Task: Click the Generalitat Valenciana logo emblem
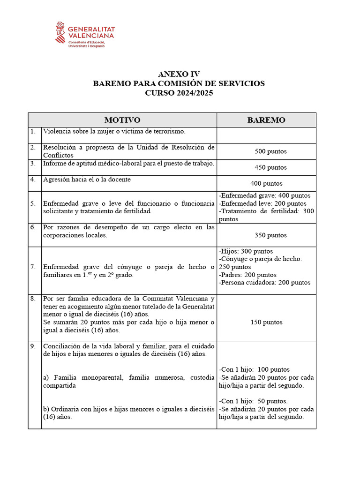[x=61, y=33]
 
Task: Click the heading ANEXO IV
[x=179, y=74]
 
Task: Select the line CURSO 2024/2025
[x=179, y=93]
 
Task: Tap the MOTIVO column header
[x=122, y=120]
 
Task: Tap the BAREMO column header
[x=266, y=120]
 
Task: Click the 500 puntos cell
[x=270, y=151]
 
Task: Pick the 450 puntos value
[x=270, y=167]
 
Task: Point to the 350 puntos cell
[x=270, y=235]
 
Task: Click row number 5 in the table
[x=33, y=204]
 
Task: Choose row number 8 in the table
[x=33, y=299]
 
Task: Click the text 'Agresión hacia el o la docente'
[x=87, y=179]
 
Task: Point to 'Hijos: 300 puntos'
[x=246, y=251]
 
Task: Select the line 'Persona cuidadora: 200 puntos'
[x=264, y=283]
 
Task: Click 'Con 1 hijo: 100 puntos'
[x=254, y=369]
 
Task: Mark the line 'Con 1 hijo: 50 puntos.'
[x=253, y=401]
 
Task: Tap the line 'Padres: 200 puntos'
[x=247, y=275]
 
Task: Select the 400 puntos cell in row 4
[x=266, y=184]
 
